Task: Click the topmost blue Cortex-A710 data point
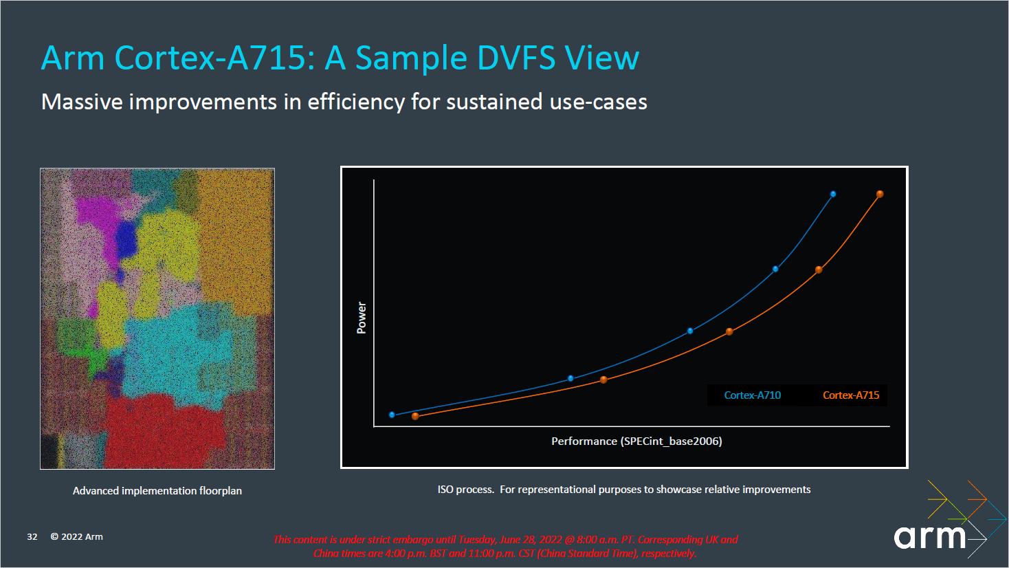[833, 194]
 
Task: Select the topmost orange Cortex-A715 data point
[880, 194]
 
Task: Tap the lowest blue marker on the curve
[392, 415]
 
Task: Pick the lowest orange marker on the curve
[415, 416]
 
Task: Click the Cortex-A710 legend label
[752, 395]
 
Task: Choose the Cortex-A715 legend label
[851, 395]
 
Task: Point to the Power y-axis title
[362, 318]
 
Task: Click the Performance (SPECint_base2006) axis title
[636, 441]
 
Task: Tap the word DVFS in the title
[516, 58]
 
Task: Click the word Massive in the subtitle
[82, 102]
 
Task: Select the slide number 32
[32, 537]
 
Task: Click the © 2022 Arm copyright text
[77, 537]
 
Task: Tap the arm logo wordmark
[930, 537]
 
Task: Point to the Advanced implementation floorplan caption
[157, 491]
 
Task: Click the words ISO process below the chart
[465, 490]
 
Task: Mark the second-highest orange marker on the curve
[819, 270]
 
